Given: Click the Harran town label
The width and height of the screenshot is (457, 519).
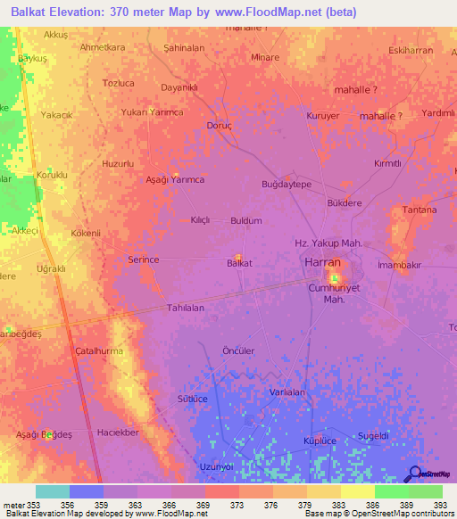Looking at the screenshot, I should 322,264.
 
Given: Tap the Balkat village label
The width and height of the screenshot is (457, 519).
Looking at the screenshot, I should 238,263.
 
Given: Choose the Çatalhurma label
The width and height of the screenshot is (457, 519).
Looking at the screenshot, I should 98,351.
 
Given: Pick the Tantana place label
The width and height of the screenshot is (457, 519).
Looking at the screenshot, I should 419,210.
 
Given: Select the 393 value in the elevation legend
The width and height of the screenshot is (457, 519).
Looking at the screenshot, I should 440,504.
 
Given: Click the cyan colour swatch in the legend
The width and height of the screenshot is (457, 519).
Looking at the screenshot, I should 53,491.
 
